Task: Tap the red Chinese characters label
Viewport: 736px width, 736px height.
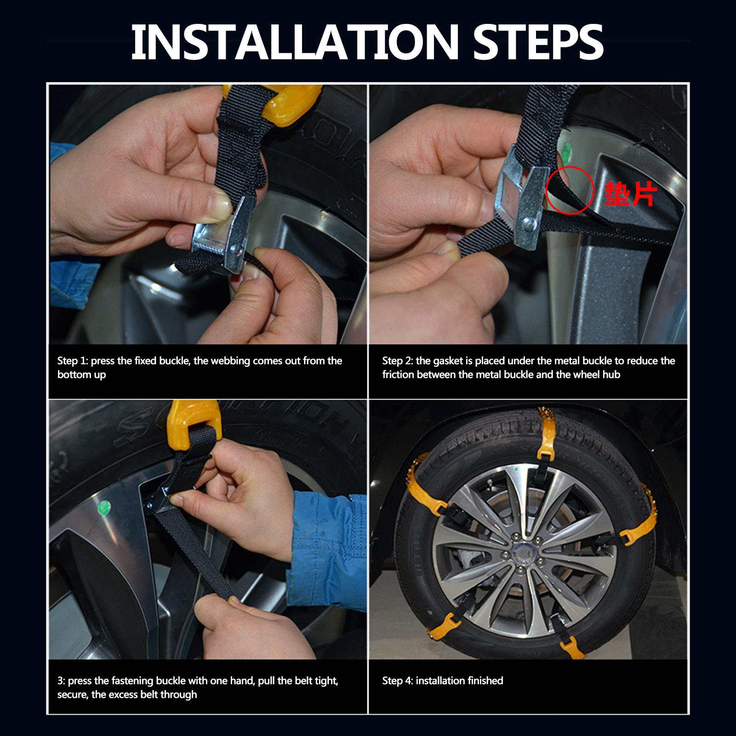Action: (x=630, y=194)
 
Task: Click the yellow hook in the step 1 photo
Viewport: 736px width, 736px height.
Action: (x=271, y=106)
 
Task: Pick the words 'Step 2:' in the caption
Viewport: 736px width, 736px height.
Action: (x=398, y=361)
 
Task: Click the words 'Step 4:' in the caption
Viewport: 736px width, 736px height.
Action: (x=398, y=681)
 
